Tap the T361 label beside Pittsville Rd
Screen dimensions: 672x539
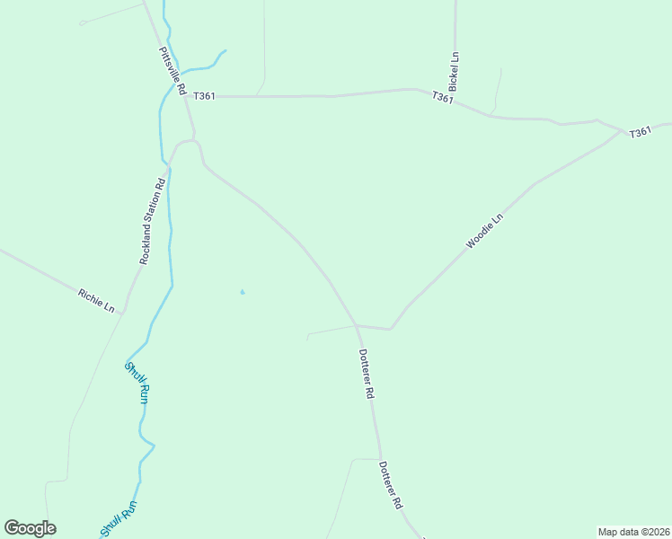204,96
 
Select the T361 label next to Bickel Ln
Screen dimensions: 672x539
442,97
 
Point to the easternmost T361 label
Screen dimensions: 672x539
640,132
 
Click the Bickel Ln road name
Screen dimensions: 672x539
455,71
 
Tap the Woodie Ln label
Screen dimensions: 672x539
484,231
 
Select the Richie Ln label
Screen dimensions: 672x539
96,301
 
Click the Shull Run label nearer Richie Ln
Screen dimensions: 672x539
136,383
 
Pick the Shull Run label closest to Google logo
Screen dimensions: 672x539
120,519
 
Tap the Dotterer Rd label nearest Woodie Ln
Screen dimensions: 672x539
366,374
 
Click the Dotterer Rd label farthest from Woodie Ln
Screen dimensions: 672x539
390,486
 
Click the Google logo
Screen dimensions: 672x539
30,528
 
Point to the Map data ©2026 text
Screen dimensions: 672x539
633,531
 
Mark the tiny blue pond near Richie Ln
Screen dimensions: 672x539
242,292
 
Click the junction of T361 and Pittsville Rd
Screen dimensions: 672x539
190,95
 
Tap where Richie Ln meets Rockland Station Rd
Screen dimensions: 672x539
124,311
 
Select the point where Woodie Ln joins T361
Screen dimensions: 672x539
621,131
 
